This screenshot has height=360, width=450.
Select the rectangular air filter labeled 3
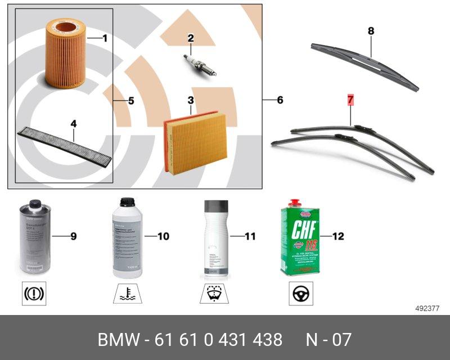[x=195, y=141]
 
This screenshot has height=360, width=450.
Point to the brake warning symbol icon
[x=34, y=293]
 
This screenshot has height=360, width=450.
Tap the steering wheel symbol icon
[x=301, y=294]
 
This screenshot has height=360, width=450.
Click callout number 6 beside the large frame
[x=280, y=101]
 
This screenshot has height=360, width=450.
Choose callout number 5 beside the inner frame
[x=130, y=101]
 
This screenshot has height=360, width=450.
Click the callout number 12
[x=338, y=237]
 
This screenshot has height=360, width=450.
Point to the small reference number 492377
[x=427, y=308]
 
